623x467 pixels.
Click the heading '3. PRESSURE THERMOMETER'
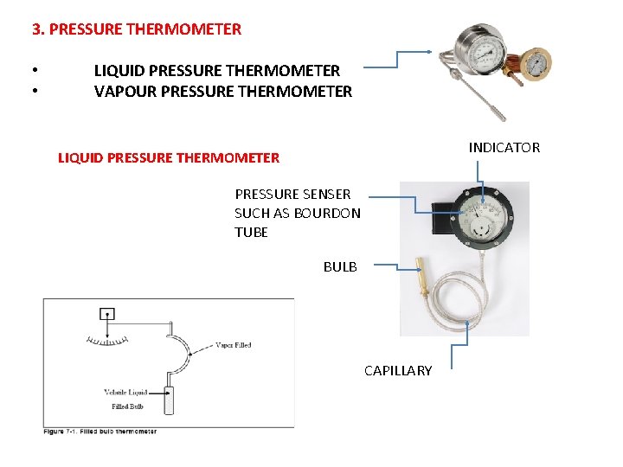click(137, 29)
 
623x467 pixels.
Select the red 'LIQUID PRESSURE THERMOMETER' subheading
click(168, 158)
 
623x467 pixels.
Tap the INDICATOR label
click(504, 148)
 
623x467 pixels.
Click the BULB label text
click(340, 266)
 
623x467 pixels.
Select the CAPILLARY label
click(398, 371)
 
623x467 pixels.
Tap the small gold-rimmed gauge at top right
click(537, 64)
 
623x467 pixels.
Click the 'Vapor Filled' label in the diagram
click(234, 345)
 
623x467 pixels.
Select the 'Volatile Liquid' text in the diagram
click(125, 393)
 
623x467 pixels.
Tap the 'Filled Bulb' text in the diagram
click(127, 406)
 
